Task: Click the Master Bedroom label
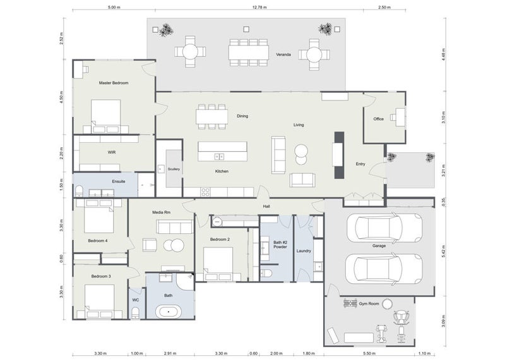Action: point(114,83)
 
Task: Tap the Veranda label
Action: point(283,55)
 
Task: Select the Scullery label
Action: point(174,169)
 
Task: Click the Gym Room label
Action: point(369,304)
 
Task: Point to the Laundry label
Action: point(304,251)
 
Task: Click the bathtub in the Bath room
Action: point(169,310)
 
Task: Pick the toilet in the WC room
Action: point(136,311)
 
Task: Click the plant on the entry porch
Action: point(429,157)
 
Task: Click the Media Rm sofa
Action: point(177,226)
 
